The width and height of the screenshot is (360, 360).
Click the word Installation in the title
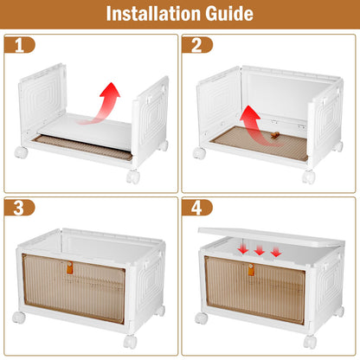point(154,14)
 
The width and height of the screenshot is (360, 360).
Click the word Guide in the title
point(229,14)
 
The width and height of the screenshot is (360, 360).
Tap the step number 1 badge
point(19,45)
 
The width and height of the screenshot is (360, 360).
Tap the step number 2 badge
point(197,45)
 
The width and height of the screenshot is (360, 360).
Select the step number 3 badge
point(19,208)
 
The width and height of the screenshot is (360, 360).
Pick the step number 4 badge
point(197,208)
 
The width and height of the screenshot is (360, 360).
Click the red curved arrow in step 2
point(254,128)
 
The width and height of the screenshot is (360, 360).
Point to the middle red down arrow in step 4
point(260,250)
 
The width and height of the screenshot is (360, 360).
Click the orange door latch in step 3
point(69,267)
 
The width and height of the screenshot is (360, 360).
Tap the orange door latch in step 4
point(251,269)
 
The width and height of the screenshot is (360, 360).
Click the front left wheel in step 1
point(21,152)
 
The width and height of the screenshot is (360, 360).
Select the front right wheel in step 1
point(133,177)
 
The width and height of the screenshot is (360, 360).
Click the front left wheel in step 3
point(19,317)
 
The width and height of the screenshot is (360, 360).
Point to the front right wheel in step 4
point(310,342)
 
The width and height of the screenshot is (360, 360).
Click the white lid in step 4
point(271,236)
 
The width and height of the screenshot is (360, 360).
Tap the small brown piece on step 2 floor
point(275,135)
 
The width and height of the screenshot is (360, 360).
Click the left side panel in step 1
point(42,98)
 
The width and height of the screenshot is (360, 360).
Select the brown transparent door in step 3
point(74,288)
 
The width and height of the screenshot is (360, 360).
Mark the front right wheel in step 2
point(309,177)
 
